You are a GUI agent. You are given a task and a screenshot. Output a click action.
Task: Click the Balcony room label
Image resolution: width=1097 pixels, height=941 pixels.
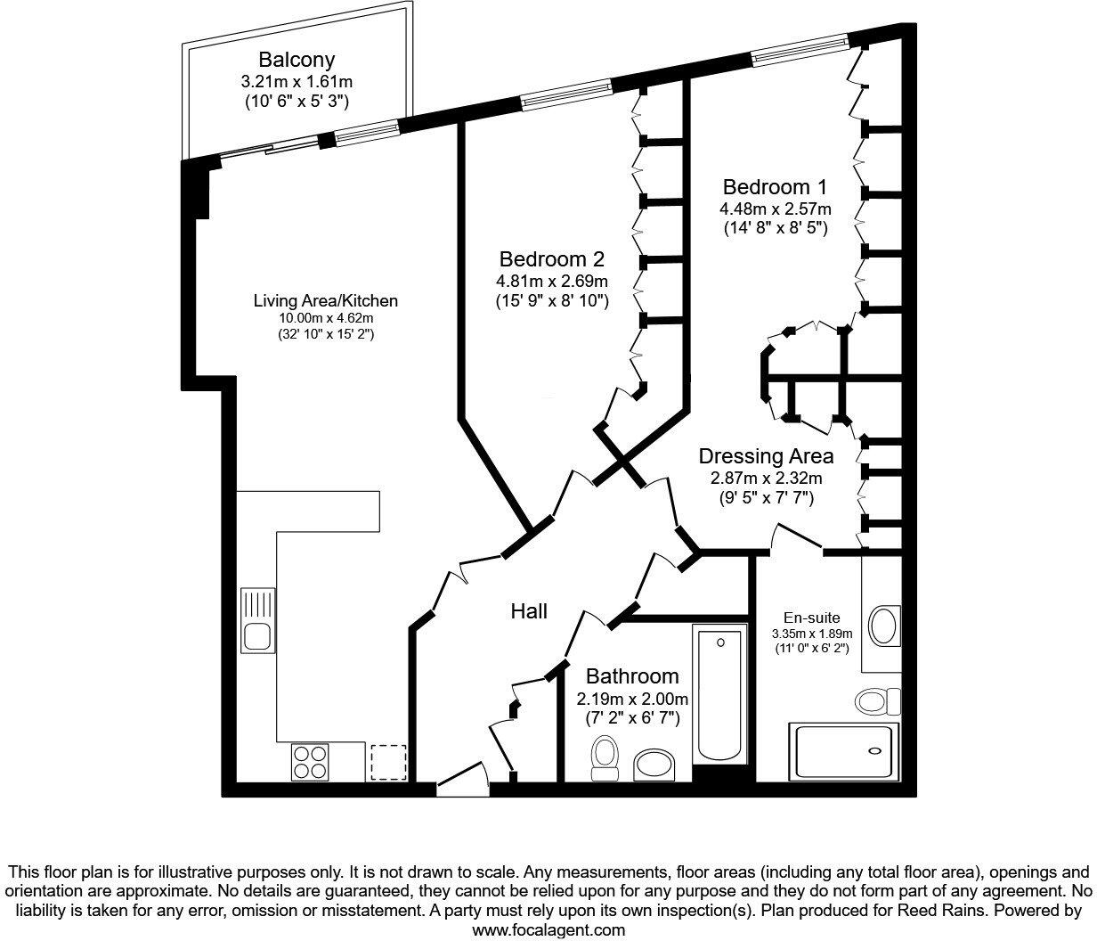click(297, 60)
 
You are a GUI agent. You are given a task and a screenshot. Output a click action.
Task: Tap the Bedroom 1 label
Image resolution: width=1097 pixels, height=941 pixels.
click(775, 187)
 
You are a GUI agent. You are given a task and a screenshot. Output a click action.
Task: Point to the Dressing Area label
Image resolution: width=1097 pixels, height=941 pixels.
click(766, 456)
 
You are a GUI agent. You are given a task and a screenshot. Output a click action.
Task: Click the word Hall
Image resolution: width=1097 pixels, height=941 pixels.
click(529, 611)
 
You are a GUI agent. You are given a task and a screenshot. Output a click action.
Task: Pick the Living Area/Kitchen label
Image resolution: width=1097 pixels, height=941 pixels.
click(325, 301)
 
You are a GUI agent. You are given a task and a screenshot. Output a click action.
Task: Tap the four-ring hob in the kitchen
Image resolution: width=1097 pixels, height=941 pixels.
click(309, 761)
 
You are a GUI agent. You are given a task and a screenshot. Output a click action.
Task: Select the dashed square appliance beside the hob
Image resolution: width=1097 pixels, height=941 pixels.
click(388, 762)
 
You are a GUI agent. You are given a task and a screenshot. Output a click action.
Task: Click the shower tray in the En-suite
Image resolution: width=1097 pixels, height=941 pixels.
click(842, 750)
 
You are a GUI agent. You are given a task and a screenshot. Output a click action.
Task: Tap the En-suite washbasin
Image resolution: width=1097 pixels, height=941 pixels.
click(883, 625)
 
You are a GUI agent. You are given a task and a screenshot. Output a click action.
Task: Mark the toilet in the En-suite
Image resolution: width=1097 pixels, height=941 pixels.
click(877, 700)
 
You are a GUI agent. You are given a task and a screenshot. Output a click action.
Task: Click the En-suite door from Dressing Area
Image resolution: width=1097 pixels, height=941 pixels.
click(797, 538)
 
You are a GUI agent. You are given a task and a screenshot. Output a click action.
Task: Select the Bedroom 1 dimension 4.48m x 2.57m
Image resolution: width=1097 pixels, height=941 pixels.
click(775, 209)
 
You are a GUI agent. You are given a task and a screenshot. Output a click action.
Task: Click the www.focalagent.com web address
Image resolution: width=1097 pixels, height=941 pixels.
click(548, 929)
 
